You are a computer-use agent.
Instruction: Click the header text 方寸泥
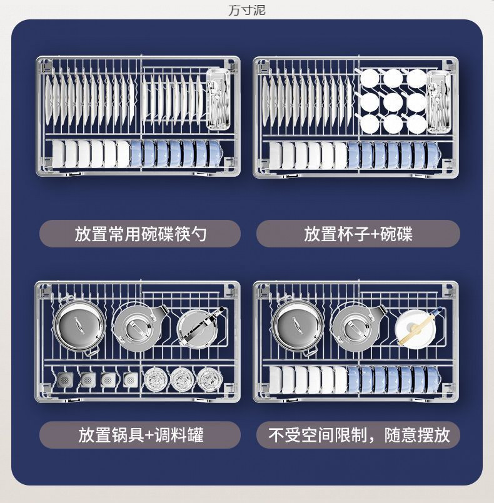(246, 11)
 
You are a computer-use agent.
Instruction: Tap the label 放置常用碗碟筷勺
(140, 234)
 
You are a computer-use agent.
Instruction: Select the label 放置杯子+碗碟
(358, 234)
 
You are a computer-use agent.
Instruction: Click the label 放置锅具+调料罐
(140, 434)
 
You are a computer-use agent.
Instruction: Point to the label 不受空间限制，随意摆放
(358, 434)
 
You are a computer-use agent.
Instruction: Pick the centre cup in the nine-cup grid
(393, 101)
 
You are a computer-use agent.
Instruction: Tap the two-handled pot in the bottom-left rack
(76, 325)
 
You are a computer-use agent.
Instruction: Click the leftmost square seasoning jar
(65, 379)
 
